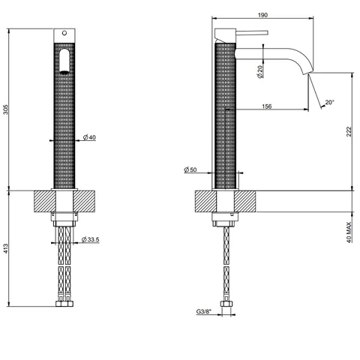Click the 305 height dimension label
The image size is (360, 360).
click(6, 109)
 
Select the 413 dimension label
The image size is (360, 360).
click(6, 248)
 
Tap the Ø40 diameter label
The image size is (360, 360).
click(89, 137)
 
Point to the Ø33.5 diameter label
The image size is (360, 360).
click(90, 239)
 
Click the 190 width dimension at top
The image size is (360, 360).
click(262, 15)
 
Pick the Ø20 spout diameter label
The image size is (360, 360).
click(260, 72)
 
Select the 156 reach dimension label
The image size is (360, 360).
click(266, 106)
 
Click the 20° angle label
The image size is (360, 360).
click(329, 102)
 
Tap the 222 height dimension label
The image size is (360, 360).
click(349, 132)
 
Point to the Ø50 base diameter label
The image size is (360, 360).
click(190, 169)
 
